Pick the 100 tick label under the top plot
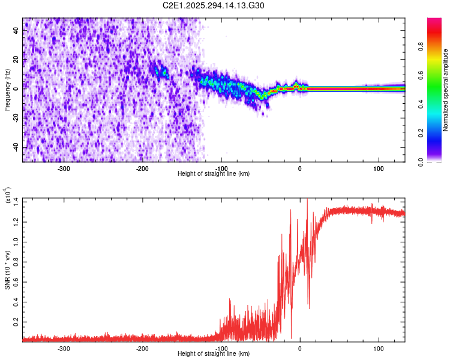[378, 169]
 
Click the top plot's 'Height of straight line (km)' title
[214, 174]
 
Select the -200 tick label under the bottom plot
[142, 349]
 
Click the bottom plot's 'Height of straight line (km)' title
[214, 354]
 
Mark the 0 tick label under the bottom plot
[300, 349]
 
